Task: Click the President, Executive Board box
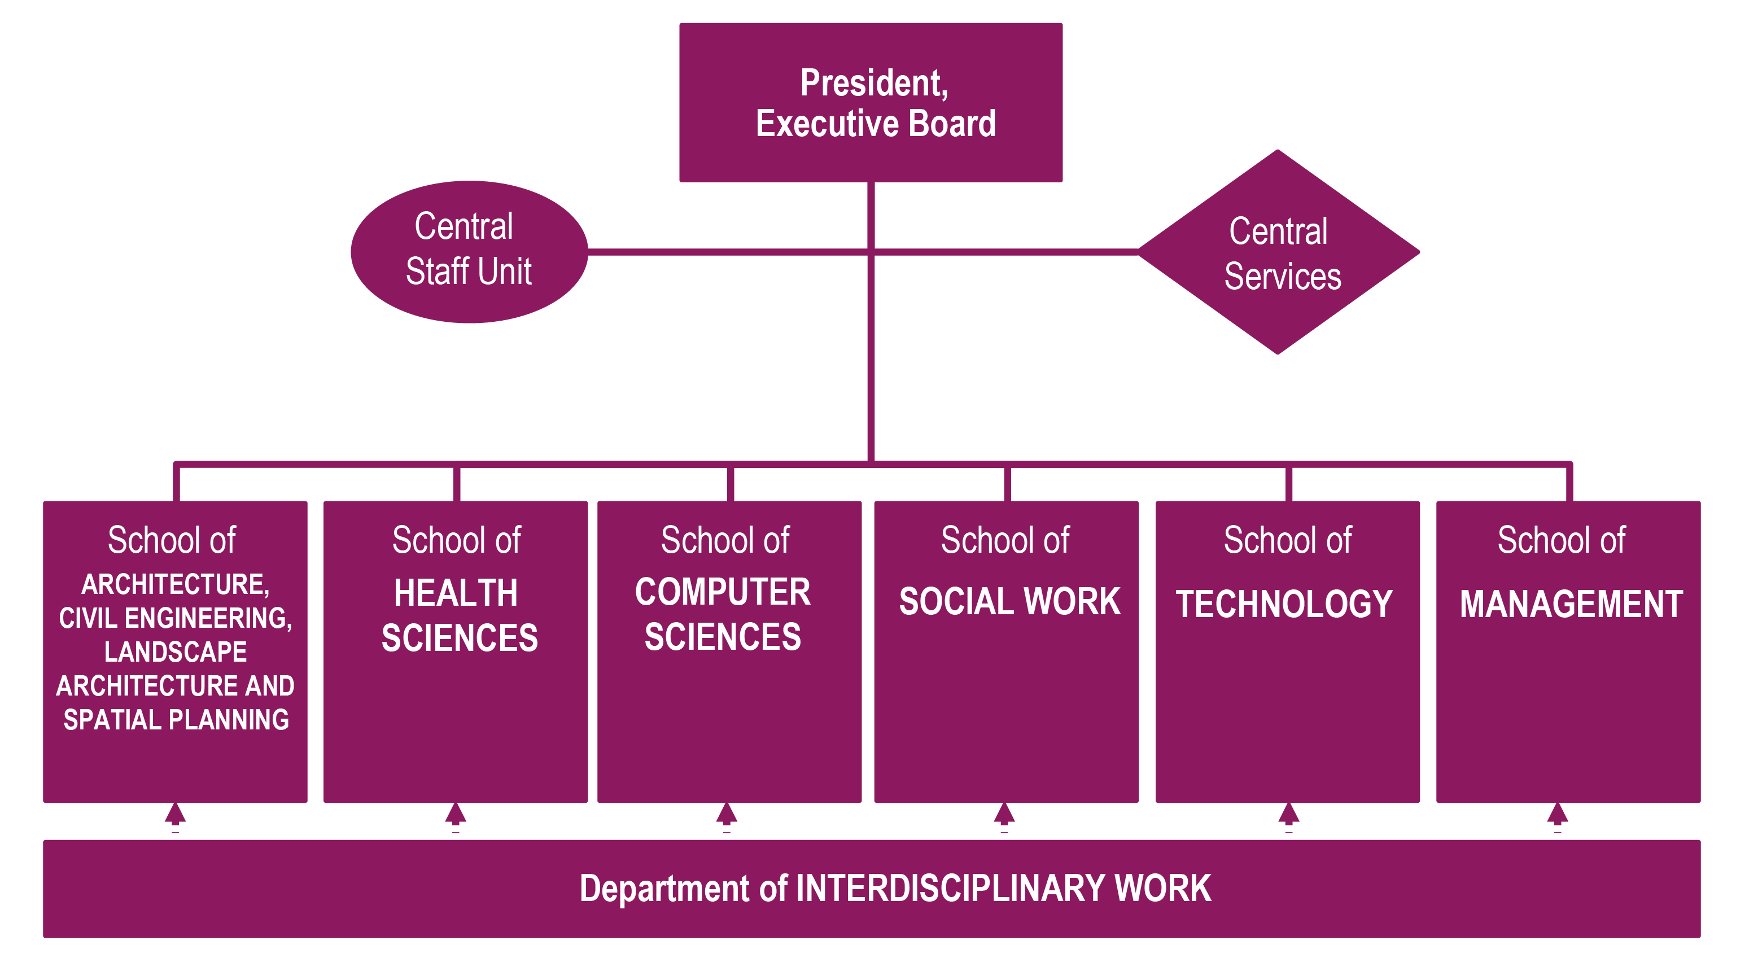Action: [x=871, y=103]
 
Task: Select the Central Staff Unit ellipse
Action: [x=469, y=251]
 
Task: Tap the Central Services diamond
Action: [x=1278, y=252]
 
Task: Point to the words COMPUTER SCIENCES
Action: [x=723, y=614]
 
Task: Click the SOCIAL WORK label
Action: [x=1009, y=601]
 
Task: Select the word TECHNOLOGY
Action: [x=1284, y=604]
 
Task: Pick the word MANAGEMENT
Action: [x=1571, y=604]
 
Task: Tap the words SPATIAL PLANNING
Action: [x=176, y=720]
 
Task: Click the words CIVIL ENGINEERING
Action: [x=174, y=618]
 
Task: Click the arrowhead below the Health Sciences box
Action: [x=456, y=814]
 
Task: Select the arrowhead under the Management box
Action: [x=1558, y=814]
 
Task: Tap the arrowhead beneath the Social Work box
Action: [x=1004, y=814]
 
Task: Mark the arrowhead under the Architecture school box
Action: [x=175, y=814]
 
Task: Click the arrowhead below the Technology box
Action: [x=1289, y=814]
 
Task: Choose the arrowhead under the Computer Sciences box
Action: [x=727, y=814]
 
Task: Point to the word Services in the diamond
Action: [x=1283, y=276]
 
